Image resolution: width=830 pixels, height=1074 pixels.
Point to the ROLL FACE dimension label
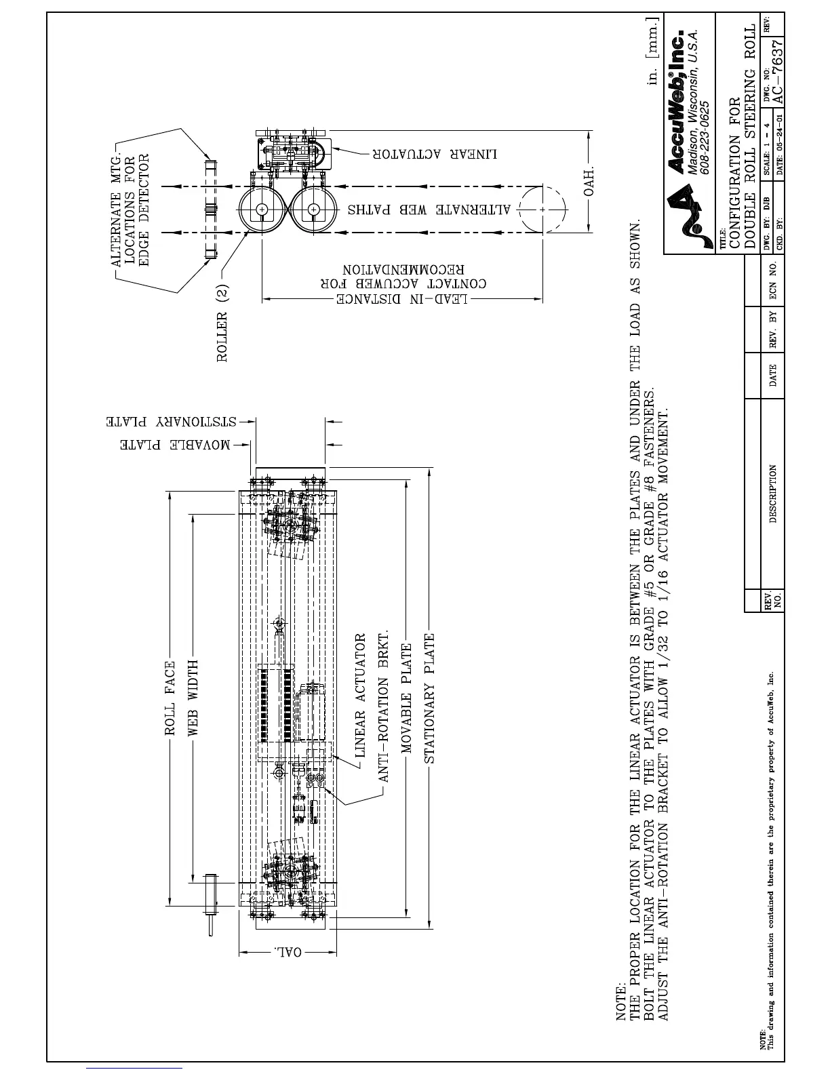pos(170,699)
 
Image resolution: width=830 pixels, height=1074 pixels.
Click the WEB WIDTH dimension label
pos(193,698)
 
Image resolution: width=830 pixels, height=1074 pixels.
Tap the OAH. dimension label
pos(589,179)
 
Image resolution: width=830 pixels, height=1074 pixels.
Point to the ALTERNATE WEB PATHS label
pos(429,209)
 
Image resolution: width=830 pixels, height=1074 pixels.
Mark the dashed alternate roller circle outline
pos(542,209)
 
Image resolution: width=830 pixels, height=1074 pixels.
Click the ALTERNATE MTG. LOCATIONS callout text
pos(129,210)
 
